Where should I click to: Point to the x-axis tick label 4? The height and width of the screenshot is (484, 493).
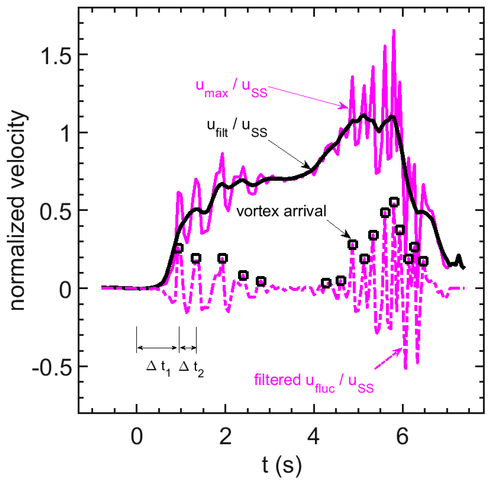click(313, 436)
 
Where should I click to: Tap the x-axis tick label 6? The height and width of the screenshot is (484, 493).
click(402, 436)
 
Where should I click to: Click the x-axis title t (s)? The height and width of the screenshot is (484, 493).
click(281, 465)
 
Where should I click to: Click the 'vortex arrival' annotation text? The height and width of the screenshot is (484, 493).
click(281, 211)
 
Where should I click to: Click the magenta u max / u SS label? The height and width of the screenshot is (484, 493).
click(231, 88)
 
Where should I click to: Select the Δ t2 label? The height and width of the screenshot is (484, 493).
click(191, 368)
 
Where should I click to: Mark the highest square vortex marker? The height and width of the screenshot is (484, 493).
click(394, 202)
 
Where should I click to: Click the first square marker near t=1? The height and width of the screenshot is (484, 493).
click(179, 248)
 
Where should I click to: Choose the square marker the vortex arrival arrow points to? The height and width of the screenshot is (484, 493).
click(353, 245)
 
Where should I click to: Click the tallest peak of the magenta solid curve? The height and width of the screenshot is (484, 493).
click(393, 31)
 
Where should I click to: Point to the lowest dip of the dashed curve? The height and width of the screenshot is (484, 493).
click(406, 368)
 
